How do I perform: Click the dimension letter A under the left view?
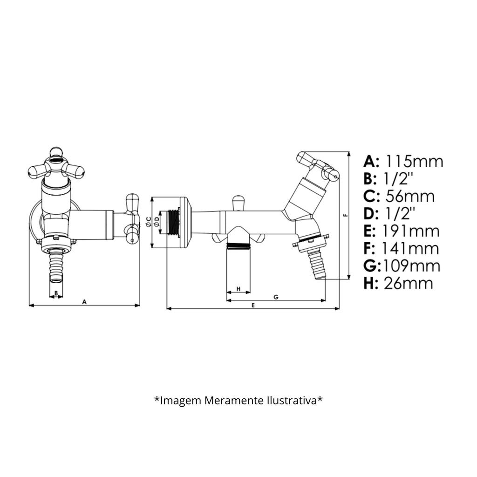tap(84, 301)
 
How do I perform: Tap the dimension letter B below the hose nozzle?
tap(56, 293)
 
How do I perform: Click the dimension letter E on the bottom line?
tap(252, 305)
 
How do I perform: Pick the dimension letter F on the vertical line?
tap(345, 215)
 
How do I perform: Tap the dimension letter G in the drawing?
tap(276, 297)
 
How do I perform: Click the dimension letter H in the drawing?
tap(238, 289)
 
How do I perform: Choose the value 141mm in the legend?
tap(410, 248)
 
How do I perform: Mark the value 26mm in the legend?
tap(408, 283)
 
